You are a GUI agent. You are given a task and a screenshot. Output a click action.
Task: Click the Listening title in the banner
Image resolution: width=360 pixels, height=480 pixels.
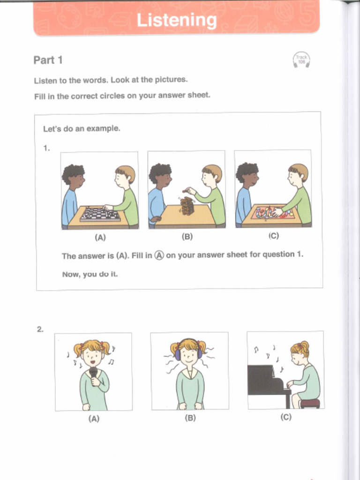coord(177,21)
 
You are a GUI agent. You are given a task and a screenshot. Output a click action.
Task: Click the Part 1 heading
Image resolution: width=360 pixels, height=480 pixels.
coord(48,60)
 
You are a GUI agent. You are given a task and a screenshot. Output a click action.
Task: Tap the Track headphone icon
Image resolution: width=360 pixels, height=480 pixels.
coord(301,60)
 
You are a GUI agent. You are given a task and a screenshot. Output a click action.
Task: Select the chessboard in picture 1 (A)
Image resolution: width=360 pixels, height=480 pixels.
coord(100,215)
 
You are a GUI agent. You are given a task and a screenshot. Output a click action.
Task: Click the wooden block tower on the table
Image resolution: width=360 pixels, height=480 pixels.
coord(187,206)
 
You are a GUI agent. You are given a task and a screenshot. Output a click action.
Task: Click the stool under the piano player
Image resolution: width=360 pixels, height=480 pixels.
coord(310,403)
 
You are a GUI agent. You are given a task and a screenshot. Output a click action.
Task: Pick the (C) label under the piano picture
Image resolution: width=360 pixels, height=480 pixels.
coord(286,417)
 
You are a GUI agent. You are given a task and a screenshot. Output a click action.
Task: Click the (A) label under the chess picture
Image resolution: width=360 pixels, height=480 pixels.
coord(100,237)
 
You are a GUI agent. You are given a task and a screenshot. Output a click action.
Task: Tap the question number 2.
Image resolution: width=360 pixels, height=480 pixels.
coord(40,329)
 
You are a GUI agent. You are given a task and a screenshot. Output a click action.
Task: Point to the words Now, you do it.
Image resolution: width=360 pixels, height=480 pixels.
coord(90,274)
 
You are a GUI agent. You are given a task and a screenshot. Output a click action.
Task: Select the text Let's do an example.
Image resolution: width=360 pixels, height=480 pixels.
coord(82,128)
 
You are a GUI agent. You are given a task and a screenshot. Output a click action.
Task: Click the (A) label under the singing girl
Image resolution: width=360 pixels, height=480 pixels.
coord(94,419)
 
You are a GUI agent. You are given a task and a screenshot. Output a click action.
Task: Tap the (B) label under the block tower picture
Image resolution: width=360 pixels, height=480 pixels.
coord(187,237)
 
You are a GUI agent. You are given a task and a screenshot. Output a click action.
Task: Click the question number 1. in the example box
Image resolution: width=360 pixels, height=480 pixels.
coord(46,148)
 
